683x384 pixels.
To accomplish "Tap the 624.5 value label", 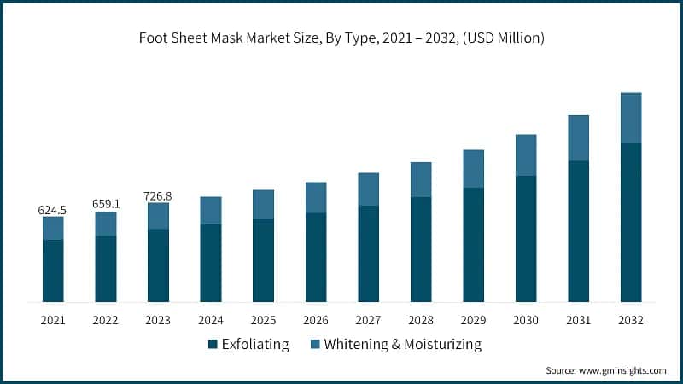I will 53,209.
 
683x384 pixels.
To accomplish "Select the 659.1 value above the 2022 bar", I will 106,204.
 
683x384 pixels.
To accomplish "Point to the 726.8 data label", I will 158,196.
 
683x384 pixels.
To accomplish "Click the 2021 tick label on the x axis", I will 53,320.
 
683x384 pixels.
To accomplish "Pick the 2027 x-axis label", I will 368,320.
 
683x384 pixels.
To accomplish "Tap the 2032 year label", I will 630,320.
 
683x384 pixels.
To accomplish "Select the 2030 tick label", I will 525,320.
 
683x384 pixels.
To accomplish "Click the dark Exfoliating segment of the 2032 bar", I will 630,222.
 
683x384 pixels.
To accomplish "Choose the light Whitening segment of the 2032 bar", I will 630,118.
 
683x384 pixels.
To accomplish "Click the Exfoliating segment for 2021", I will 53,271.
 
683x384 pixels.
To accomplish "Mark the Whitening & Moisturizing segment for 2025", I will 263,205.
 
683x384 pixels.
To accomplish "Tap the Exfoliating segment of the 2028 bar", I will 421,249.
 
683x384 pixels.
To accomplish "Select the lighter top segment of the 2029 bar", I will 473,169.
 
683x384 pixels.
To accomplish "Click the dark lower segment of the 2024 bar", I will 211,263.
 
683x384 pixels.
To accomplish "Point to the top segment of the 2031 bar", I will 578,138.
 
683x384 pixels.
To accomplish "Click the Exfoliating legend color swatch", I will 213,345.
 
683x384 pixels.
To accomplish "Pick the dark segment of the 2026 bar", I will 316,257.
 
